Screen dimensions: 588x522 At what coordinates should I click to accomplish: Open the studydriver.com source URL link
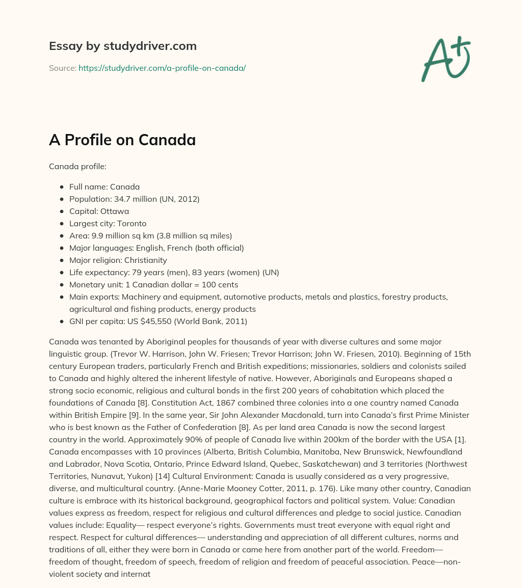tap(162, 68)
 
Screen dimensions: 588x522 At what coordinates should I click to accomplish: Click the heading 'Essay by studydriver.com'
tap(122, 46)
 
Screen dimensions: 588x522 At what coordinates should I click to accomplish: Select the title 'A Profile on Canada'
tap(122, 140)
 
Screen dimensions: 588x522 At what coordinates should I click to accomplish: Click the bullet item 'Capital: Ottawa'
tap(99, 211)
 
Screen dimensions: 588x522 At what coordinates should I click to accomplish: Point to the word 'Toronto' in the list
tap(131, 224)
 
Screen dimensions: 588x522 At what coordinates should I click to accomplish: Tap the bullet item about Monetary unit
tap(153, 285)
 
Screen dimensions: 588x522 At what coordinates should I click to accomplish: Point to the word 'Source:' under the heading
tap(62, 68)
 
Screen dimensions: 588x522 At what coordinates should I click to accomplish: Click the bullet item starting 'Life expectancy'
tap(174, 273)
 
